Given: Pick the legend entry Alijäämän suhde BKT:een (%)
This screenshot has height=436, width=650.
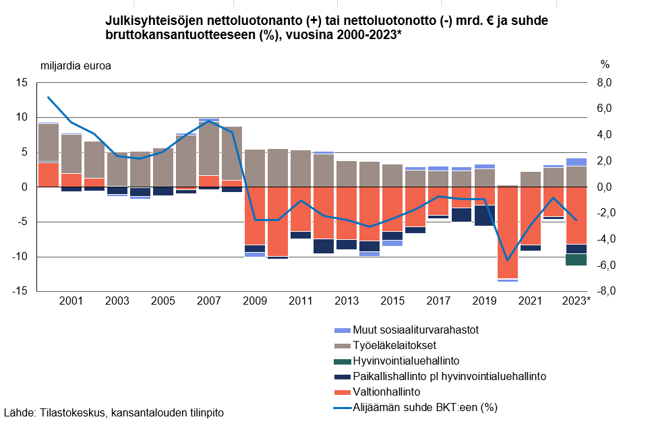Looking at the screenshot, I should pyautogui.click(x=425, y=406).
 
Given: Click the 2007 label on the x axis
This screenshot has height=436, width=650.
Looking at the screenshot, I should pyautogui.click(x=208, y=301).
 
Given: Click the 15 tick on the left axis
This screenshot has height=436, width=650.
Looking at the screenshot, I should pyautogui.click(x=22, y=83).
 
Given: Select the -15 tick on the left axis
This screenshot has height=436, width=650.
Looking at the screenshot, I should pyautogui.click(x=20, y=291).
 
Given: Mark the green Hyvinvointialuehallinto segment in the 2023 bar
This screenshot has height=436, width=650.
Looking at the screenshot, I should pyautogui.click(x=575, y=259).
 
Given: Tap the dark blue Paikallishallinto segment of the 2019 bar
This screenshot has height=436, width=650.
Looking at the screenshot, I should pyautogui.click(x=483, y=216).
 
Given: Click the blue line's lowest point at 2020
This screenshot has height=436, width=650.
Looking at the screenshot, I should pyautogui.click(x=506, y=260).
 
